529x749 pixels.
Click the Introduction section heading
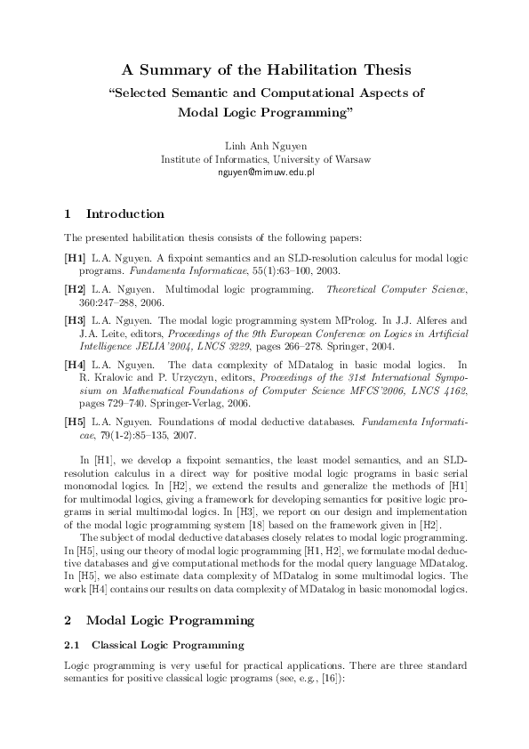(x=124, y=214)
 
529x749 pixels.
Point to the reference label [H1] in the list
(x=76, y=257)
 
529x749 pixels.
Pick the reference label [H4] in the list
(x=76, y=364)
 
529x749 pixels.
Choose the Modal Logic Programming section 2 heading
(x=169, y=620)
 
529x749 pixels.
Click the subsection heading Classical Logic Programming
(x=168, y=643)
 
